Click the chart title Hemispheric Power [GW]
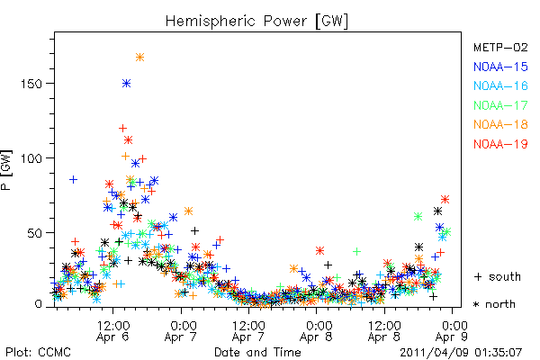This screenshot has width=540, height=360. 256,21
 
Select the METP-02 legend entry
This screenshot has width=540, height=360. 500,47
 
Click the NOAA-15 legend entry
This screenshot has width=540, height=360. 500,67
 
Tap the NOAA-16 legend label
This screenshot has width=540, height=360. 500,85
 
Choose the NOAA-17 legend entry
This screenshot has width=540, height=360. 500,105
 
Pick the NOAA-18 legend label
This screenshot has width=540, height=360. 500,124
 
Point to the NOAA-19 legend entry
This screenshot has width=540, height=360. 500,144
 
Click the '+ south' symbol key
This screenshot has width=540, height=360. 498,276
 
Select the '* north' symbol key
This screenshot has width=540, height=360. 494,304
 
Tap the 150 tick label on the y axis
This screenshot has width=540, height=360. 31,84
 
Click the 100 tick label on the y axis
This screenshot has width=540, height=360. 31,158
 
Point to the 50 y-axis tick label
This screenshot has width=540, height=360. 35,233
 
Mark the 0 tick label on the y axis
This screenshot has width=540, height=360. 38,304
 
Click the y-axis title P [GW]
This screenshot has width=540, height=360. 6,170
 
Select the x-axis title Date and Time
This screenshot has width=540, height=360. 257,352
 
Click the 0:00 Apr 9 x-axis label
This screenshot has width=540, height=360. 452,331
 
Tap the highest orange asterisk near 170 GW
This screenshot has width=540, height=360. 139,58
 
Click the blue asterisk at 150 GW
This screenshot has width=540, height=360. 126,84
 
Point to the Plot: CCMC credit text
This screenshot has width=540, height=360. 38,352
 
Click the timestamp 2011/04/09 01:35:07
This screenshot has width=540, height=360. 461,353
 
